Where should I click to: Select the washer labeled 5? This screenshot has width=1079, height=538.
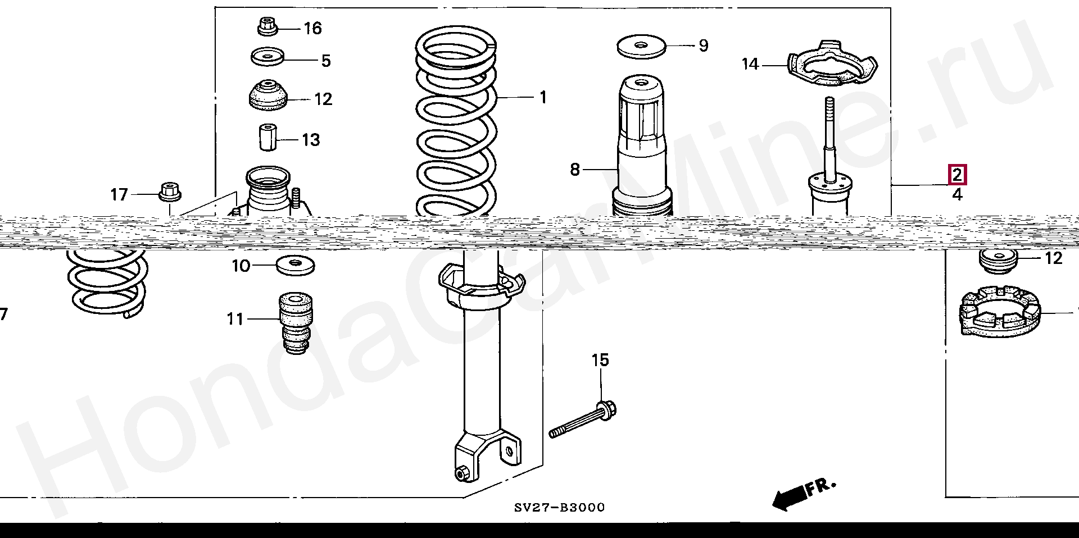point(267,56)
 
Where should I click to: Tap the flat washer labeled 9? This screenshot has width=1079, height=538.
point(641,46)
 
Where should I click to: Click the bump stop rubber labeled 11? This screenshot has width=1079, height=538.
point(296,322)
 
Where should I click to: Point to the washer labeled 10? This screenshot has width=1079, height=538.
point(295,265)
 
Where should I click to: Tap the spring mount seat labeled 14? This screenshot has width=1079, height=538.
point(832,65)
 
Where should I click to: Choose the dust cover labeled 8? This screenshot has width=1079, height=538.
point(642,146)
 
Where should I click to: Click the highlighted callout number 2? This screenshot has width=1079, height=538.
point(957,175)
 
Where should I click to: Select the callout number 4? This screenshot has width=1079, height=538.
point(957,195)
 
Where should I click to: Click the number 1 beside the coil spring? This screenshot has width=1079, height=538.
point(543,98)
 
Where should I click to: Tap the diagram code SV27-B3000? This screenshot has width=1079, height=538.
point(560,508)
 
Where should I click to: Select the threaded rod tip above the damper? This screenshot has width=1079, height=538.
point(828,107)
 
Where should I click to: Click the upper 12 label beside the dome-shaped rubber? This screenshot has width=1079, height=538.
point(323,99)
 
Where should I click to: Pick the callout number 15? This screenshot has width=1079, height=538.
point(600,360)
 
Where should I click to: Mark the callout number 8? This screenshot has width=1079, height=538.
point(574,169)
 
